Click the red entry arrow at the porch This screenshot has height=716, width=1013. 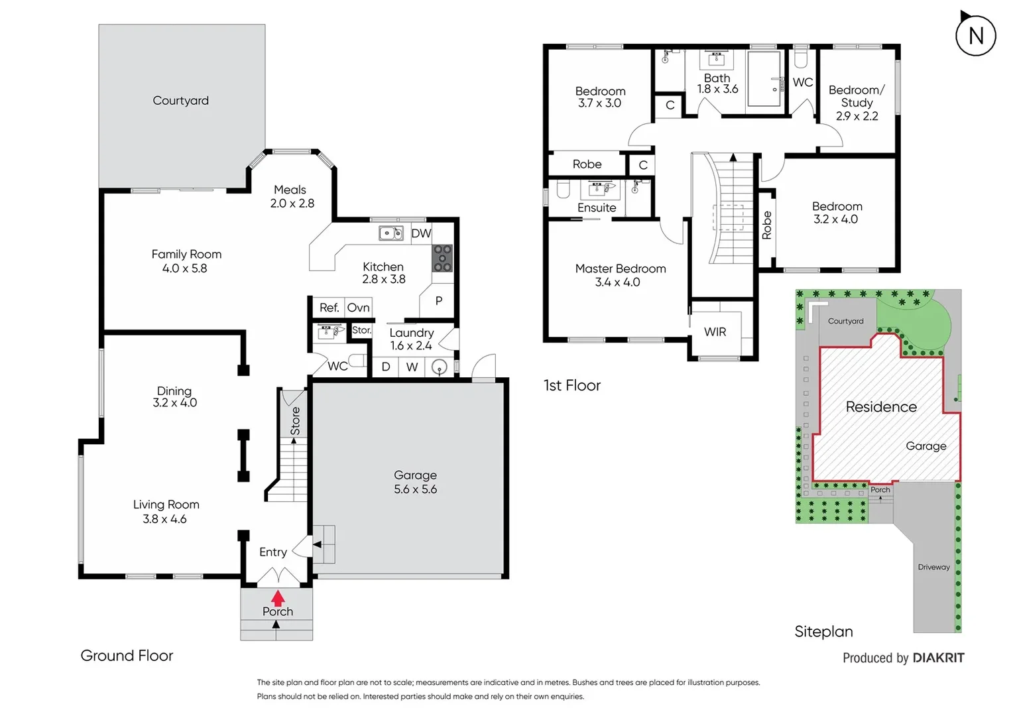pyautogui.click(x=278, y=598)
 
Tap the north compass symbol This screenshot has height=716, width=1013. pyautogui.click(x=975, y=35)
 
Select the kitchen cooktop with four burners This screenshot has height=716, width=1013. pyautogui.click(x=442, y=258)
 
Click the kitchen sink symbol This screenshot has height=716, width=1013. pyautogui.click(x=391, y=233)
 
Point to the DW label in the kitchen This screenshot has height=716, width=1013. pyautogui.click(x=421, y=233)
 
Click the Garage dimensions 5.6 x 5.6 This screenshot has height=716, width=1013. pyautogui.click(x=415, y=489)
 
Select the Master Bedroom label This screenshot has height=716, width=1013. pyautogui.click(x=621, y=268)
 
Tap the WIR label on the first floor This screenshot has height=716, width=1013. pyautogui.click(x=715, y=331)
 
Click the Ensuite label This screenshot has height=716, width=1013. pyautogui.click(x=597, y=208)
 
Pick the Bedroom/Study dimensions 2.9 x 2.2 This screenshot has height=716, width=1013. pyautogui.click(x=857, y=116)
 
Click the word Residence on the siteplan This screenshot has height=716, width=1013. pyautogui.click(x=881, y=407)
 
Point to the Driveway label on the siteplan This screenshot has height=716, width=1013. pyautogui.click(x=933, y=567)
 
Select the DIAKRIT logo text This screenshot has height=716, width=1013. pyautogui.click(x=938, y=658)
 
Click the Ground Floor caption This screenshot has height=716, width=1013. pyautogui.click(x=127, y=656)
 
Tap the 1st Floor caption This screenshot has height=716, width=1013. pyautogui.click(x=572, y=386)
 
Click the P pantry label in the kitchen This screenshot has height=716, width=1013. pyautogui.click(x=438, y=300)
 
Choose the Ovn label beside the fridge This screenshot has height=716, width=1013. pyautogui.click(x=358, y=308)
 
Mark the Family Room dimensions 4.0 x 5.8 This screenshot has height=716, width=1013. pyautogui.click(x=184, y=268)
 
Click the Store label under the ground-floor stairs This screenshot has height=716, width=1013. pyautogui.click(x=295, y=422)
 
